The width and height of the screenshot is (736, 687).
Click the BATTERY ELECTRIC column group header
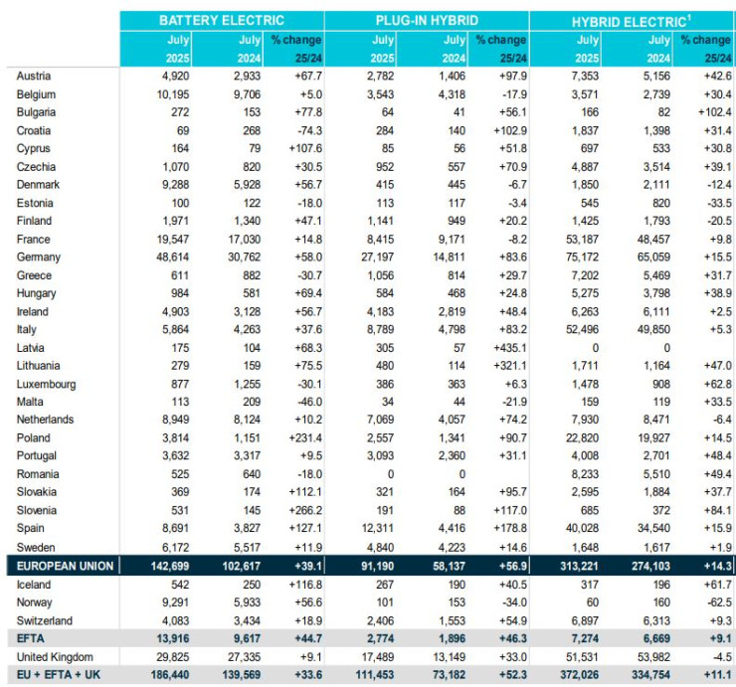click(221, 20)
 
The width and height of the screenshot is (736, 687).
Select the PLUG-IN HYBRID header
click(426, 20)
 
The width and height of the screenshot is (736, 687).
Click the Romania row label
click(38, 473)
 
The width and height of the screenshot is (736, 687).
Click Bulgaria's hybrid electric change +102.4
click(708, 112)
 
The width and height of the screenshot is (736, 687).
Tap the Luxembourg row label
click(48, 383)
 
